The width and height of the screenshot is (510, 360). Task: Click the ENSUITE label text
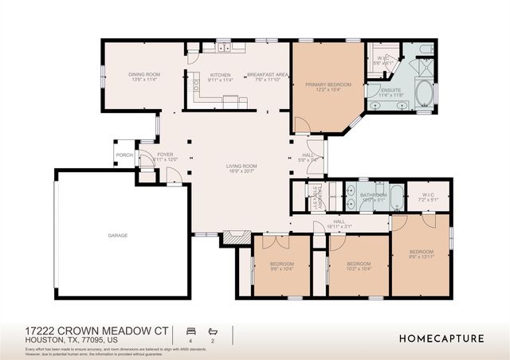click(x=391, y=92)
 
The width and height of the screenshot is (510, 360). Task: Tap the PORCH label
click(x=124, y=155)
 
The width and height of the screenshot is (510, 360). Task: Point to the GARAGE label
click(x=118, y=235)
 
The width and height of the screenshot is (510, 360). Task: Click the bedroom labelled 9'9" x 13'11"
click(x=422, y=253)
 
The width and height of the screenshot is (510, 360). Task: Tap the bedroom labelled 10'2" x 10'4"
click(x=359, y=266)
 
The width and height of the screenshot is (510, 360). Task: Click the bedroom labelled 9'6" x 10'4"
click(x=281, y=266)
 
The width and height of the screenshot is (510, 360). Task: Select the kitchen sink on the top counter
click(x=222, y=49)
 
